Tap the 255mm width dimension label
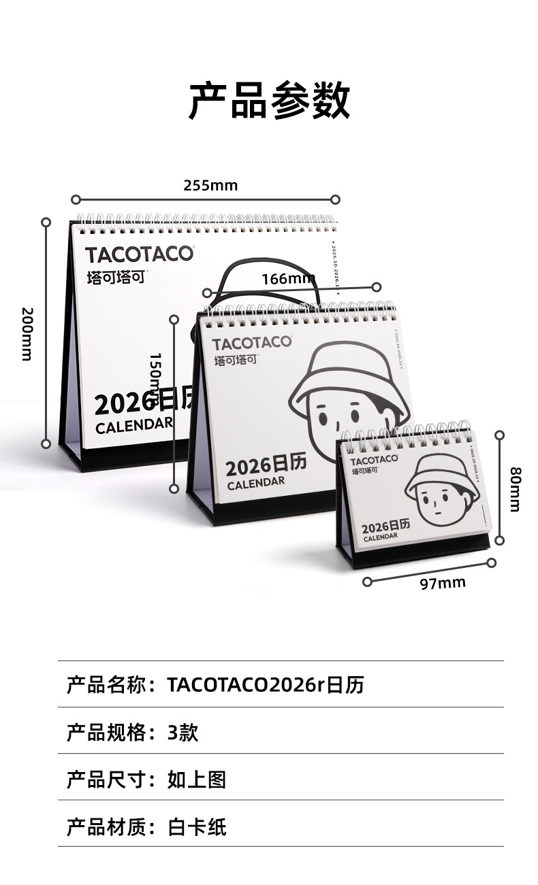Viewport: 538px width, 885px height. coord(210,185)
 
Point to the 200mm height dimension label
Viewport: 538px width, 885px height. coord(27,333)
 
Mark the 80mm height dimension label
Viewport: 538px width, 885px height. coord(516,489)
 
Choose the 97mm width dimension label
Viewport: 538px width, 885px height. coord(442,583)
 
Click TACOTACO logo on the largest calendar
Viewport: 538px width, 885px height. coord(139,254)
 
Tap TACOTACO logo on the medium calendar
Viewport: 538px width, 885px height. coord(251,342)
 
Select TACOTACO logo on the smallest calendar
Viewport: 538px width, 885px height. coord(375,460)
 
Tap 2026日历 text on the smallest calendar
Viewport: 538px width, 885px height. coord(385,527)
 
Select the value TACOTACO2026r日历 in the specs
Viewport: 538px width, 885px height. coord(266,684)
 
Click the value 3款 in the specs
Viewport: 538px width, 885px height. coord(183,733)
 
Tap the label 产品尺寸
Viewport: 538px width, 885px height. coord(106,780)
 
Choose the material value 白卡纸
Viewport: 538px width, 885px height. coord(197,827)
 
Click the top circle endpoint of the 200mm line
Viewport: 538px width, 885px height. coord(46,222)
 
